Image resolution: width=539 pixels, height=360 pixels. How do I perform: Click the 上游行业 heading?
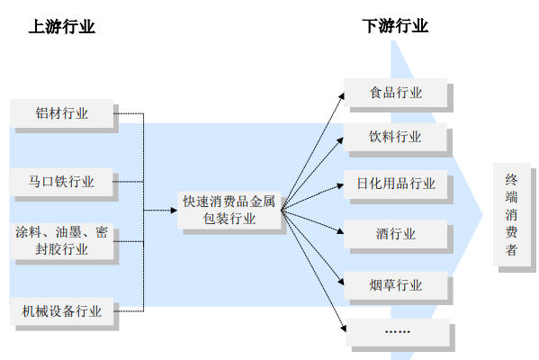[61, 26]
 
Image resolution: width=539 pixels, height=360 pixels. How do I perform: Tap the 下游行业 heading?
[395, 26]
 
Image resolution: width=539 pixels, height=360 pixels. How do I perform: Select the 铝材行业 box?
[61, 113]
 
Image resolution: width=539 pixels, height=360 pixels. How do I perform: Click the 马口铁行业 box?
[61, 182]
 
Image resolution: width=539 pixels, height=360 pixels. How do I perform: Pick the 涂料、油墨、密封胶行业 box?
[62, 241]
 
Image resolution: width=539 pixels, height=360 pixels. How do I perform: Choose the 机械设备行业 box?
[62, 311]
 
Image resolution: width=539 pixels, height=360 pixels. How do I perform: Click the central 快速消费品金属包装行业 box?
[229, 210]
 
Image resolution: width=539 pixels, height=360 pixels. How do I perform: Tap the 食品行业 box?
[395, 93]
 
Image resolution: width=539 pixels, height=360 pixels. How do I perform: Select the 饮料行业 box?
[395, 137]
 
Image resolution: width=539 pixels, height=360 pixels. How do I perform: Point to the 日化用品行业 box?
[395, 184]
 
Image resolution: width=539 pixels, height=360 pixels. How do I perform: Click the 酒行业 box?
[395, 234]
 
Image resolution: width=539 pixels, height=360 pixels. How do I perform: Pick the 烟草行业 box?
[396, 285]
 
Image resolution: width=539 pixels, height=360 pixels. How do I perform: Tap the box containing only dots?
[398, 332]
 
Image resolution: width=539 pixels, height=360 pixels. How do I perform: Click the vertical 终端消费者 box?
[512, 214]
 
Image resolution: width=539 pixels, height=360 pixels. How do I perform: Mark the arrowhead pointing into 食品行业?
[341, 96]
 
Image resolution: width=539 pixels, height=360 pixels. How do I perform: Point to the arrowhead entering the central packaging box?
[174, 210]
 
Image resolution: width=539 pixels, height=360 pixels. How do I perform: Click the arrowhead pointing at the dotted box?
[343, 328]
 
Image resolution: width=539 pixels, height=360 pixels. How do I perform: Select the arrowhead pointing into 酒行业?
[340, 231]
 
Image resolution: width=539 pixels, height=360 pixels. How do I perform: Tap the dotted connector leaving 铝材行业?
[129, 113]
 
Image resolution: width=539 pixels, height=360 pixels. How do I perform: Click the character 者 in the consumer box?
[511, 250]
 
